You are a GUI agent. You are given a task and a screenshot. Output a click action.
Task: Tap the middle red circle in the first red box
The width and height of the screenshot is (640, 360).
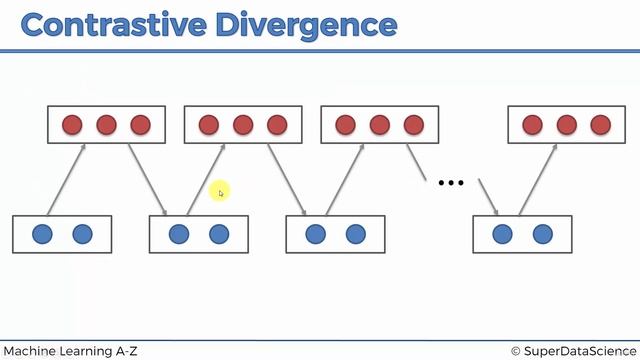pyautogui.click(x=106, y=125)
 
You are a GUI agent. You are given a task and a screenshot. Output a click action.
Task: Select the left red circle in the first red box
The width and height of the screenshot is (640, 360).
pyautogui.click(x=72, y=125)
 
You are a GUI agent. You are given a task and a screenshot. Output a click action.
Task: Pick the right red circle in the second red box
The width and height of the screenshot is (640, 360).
pyautogui.click(x=277, y=125)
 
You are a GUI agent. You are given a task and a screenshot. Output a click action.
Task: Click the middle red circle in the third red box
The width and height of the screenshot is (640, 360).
pyautogui.click(x=379, y=125)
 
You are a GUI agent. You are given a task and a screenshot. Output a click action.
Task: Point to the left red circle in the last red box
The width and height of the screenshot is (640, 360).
pyautogui.click(x=533, y=125)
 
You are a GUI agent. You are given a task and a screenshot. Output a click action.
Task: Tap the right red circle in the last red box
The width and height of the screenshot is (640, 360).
pyautogui.click(x=600, y=125)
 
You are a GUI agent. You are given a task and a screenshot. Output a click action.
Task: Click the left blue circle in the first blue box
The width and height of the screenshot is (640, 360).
pyautogui.click(x=42, y=234)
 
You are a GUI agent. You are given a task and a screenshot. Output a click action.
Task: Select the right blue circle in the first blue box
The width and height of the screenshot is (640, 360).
pyautogui.click(x=82, y=234)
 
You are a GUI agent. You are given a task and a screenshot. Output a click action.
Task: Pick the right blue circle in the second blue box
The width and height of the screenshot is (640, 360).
pyautogui.click(x=219, y=234)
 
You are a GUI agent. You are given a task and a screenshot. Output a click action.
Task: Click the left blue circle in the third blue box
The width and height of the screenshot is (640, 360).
pyautogui.click(x=316, y=234)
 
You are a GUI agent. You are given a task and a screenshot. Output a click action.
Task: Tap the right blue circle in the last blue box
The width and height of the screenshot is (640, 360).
pyautogui.click(x=542, y=234)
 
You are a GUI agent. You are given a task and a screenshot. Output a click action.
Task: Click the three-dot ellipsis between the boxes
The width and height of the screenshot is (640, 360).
pyautogui.click(x=452, y=183)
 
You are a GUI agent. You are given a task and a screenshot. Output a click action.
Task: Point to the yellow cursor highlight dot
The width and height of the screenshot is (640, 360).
pyautogui.click(x=220, y=192)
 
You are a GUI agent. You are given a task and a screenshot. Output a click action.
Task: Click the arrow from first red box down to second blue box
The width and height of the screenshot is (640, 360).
pyautogui.click(x=147, y=179)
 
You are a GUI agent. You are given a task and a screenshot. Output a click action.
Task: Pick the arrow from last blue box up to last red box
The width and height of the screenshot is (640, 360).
pyautogui.click(x=538, y=179)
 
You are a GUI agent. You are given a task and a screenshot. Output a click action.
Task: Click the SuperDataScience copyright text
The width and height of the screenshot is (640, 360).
pyautogui.click(x=571, y=350)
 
